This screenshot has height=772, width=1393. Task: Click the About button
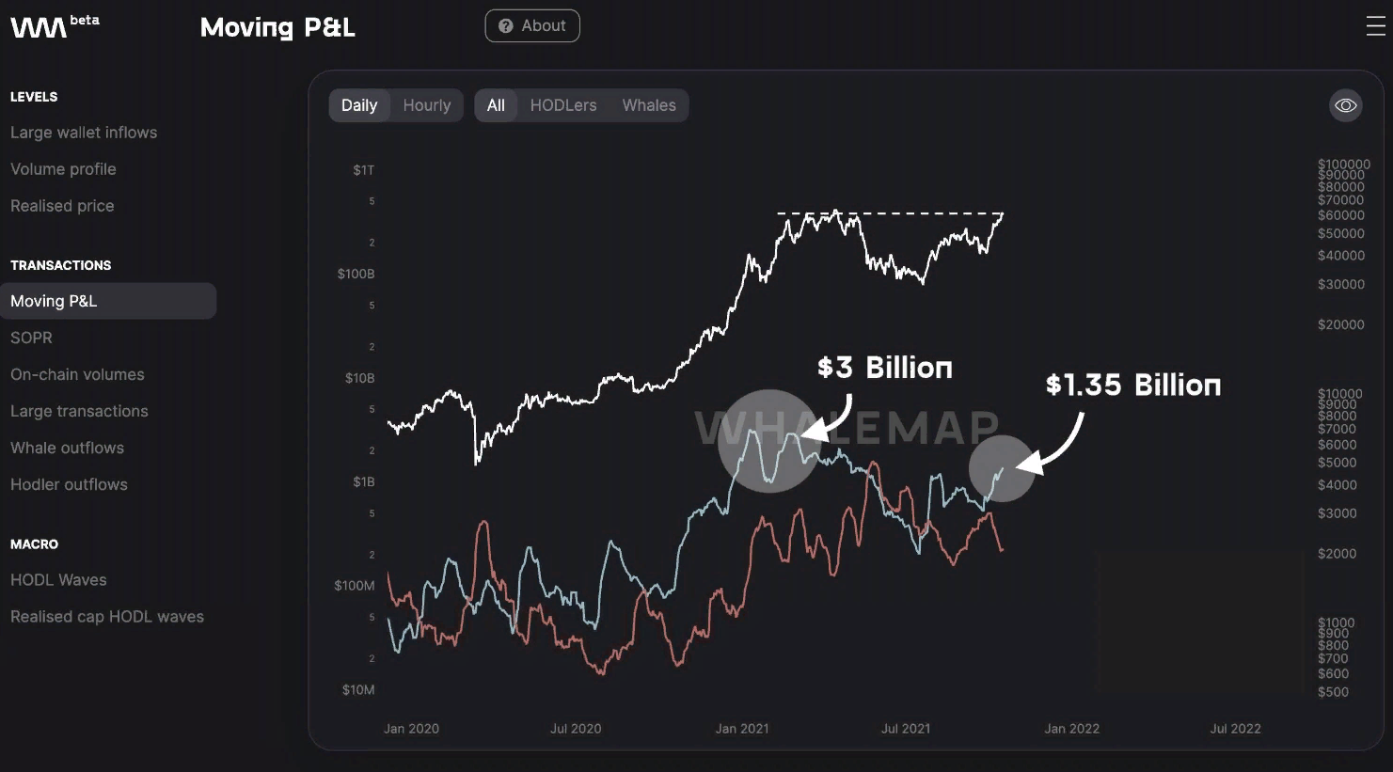point(532,26)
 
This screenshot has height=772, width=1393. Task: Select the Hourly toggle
point(427,105)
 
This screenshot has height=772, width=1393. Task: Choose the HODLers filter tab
point(562,105)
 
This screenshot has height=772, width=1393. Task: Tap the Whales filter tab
point(649,105)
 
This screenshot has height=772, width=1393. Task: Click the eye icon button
point(1346,105)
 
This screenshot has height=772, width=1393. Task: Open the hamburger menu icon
point(1375,26)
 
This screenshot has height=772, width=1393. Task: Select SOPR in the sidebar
point(31,338)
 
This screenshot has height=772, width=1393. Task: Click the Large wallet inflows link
point(84,133)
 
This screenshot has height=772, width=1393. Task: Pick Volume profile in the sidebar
point(63,169)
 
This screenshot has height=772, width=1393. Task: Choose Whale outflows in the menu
point(67,448)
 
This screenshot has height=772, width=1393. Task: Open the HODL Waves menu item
point(58,580)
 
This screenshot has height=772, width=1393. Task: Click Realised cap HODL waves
point(107,617)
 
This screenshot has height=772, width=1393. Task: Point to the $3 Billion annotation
point(884,368)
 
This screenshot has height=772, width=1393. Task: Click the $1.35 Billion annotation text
point(1132,385)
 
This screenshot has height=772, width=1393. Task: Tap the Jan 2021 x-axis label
point(742,729)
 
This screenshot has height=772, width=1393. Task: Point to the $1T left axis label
point(364,170)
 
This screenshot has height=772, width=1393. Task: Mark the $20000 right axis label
point(1340,325)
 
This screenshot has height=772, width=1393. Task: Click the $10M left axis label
point(358,690)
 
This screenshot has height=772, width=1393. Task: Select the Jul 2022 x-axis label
point(1235,729)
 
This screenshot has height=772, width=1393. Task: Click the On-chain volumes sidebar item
point(77,374)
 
